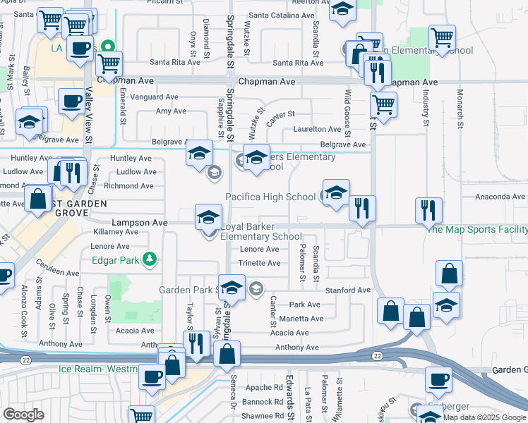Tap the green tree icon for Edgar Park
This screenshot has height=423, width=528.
[150, 259]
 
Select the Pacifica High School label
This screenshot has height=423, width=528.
[270, 197]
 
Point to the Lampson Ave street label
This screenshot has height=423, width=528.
[140, 222]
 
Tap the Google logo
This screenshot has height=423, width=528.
[23, 415]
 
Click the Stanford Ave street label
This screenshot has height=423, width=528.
[347, 290]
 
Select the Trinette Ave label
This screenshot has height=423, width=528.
[260, 263]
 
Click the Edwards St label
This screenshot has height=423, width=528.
[290, 395]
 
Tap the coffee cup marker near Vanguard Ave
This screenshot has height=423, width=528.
[71, 102]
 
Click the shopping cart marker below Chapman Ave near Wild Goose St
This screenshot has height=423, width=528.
[383, 104]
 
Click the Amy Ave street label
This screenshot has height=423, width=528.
[171, 111]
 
